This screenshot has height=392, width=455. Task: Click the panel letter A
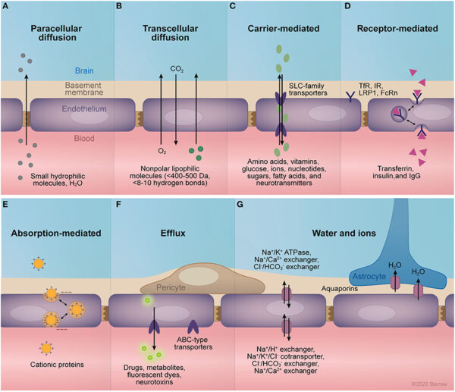coord(5,6)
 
